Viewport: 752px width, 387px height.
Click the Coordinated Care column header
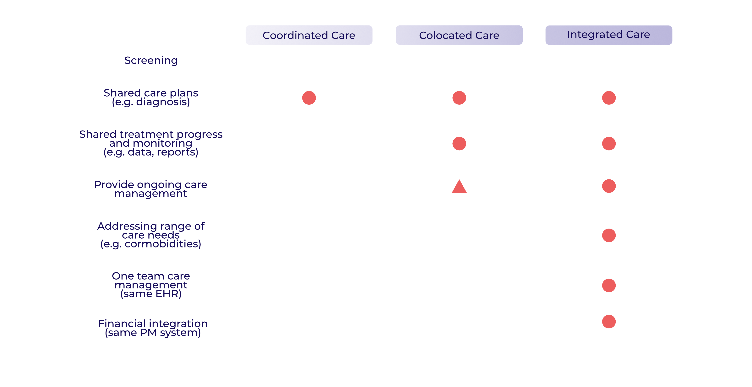tap(309, 35)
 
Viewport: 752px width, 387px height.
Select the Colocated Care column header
tap(459, 35)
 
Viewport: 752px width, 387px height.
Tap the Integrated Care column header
tap(609, 35)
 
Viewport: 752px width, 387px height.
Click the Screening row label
tap(151, 60)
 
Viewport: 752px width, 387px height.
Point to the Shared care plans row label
tap(151, 97)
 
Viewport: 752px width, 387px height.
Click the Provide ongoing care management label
tap(151, 189)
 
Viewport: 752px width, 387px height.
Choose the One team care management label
tap(151, 285)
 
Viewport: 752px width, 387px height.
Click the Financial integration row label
tap(153, 328)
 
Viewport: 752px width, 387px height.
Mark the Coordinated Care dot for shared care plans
tap(309, 98)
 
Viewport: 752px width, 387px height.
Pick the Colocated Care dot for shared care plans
tap(459, 98)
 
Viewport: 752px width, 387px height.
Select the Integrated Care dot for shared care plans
tap(609, 98)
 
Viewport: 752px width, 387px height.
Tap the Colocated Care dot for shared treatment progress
tap(459, 143)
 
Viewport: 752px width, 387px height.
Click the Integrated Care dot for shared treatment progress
tap(609, 143)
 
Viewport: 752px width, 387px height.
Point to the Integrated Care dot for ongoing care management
tap(609, 186)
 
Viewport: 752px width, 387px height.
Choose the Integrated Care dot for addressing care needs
tap(609, 235)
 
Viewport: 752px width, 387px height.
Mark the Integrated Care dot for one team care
tap(609, 285)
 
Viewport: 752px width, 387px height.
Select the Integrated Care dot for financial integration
tap(609, 322)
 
